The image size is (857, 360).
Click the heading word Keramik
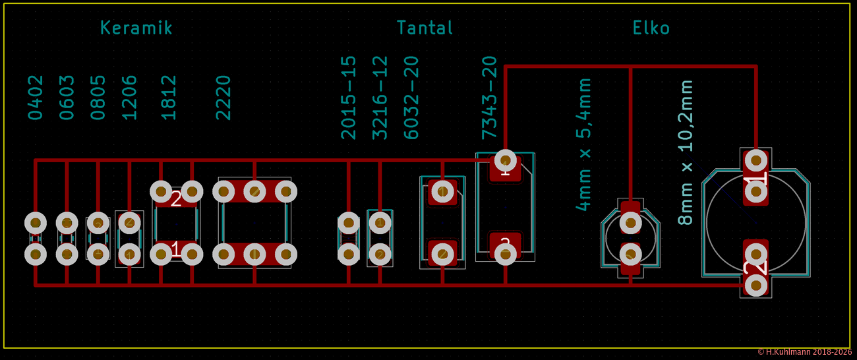coord(136,28)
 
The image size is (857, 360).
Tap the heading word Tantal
coord(425,28)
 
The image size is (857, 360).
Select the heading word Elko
coord(651,28)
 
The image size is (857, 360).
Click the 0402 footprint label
coord(36,97)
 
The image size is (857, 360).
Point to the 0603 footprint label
coord(67,97)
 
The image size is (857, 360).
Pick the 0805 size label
coord(98,97)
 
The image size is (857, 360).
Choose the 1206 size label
coord(130,97)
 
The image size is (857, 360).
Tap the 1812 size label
coord(169,97)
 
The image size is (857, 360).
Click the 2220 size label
coord(224,97)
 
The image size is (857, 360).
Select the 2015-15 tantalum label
coord(348,98)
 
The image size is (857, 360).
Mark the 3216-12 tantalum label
coord(380,98)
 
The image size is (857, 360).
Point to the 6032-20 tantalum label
coord(411,98)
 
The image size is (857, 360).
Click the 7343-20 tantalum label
coord(488,98)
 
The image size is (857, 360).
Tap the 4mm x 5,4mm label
coord(583,144)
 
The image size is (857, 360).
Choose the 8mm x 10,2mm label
coord(686,152)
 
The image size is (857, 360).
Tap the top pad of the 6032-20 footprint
coord(442,192)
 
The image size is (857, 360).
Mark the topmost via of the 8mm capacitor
coord(755,160)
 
